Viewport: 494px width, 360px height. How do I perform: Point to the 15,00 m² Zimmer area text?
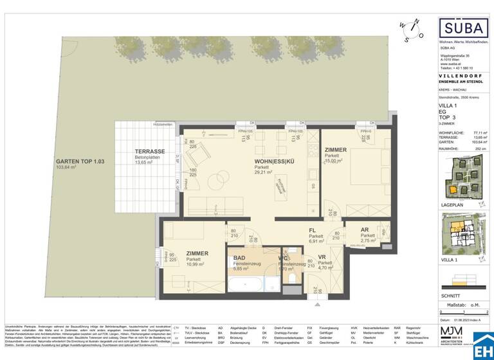pyautogui.click(x=335, y=162)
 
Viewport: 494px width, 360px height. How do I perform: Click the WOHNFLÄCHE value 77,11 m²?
pyautogui.click(x=479, y=132)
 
